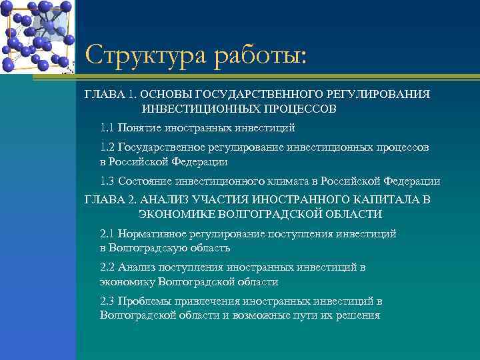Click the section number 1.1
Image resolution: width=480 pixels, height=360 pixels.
pyautogui.click(x=107, y=127)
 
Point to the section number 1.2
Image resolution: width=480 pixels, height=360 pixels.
pyautogui.click(x=107, y=147)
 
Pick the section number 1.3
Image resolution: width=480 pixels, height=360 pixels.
pyautogui.click(x=107, y=181)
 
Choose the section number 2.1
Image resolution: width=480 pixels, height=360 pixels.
pyautogui.click(x=107, y=233)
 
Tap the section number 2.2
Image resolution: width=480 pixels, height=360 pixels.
pyautogui.click(x=107, y=267)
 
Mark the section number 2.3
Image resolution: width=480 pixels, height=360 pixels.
pyautogui.click(x=107, y=301)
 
